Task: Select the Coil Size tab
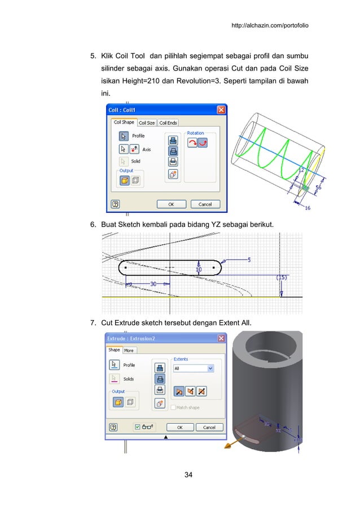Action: [x=147, y=122]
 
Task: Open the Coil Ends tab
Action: [x=168, y=122]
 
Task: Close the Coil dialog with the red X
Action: [x=222, y=110]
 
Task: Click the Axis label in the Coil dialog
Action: [x=146, y=150]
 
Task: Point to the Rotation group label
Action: [x=195, y=133]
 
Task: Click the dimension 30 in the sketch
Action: [x=153, y=284]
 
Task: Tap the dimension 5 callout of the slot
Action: [x=248, y=259]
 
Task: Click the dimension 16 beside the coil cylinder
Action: [x=308, y=208]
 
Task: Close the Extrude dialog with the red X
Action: [x=221, y=338]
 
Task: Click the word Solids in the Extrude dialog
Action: [x=129, y=379]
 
